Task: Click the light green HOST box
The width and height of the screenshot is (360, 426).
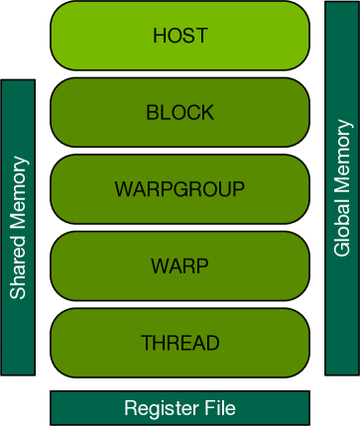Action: point(180,37)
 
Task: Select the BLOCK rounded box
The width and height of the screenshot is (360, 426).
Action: point(180,113)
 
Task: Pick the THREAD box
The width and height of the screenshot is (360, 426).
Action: point(180,343)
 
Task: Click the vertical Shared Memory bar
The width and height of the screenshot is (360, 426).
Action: point(18,227)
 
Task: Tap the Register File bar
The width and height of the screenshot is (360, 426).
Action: point(180,407)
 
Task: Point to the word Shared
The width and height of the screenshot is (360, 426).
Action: point(18,272)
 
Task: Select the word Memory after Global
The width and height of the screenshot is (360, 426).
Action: point(343,166)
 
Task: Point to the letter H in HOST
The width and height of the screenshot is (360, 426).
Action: point(160,37)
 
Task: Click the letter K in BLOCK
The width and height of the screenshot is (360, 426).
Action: point(207,113)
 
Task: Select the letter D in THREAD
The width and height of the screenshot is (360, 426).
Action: point(212,343)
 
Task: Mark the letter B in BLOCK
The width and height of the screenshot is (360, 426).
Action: point(152,113)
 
